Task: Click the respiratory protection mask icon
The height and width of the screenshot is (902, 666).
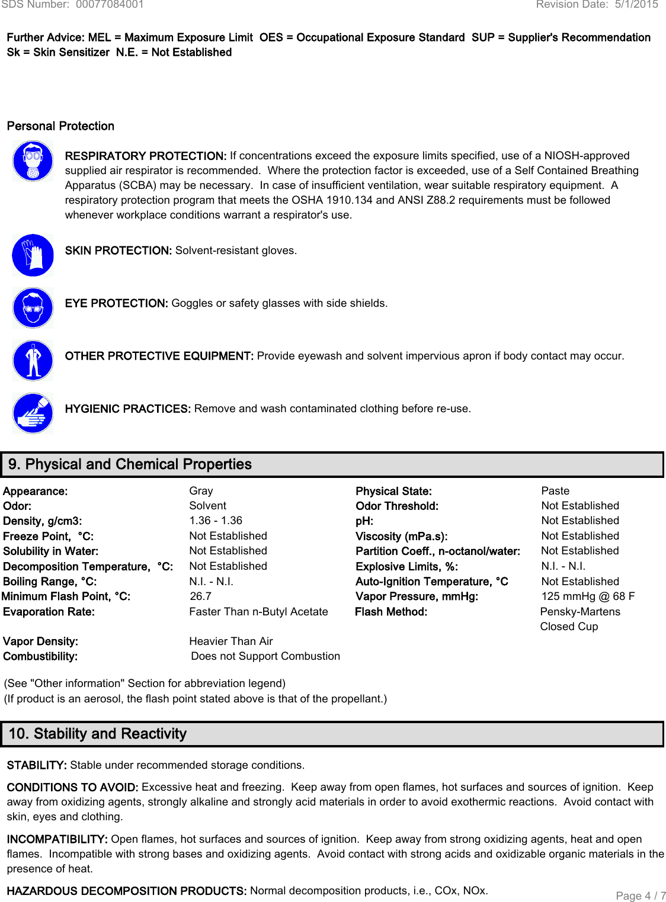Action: pyautogui.click(x=33, y=161)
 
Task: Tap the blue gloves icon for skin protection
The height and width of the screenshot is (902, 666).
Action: pyautogui.click(x=33, y=255)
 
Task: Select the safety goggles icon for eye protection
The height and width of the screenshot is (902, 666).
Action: pyautogui.click(x=33, y=308)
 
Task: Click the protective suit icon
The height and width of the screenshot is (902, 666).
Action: pyautogui.click(x=33, y=361)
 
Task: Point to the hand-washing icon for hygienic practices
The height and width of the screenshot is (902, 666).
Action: pyautogui.click(x=33, y=413)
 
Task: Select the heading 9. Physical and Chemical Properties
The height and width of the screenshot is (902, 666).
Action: pyautogui.click(x=130, y=464)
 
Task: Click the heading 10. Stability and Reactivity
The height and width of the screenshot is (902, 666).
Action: pyautogui.click(x=98, y=734)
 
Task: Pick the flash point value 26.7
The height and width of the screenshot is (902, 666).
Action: pyautogui.click(x=201, y=596)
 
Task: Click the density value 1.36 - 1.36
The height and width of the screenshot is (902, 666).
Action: pyautogui.click(x=216, y=521)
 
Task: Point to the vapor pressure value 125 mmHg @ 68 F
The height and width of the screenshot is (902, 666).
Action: pyautogui.click(x=588, y=596)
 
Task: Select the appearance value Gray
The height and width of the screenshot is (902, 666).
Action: pyautogui.click(x=201, y=491)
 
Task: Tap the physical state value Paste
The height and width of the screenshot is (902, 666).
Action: pyautogui.click(x=555, y=491)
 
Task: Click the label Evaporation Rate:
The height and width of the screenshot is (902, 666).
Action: pyautogui.click(x=49, y=612)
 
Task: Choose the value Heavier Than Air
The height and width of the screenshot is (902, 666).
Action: pyautogui.click(x=231, y=641)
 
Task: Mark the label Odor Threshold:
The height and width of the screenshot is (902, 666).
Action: pyautogui.click(x=397, y=506)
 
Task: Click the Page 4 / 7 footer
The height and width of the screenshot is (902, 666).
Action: pyautogui.click(x=641, y=895)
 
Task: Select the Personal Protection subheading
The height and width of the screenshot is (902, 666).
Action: pyautogui.click(x=60, y=126)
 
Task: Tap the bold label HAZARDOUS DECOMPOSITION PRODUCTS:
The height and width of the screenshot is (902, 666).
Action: pyautogui.click(x=127, y=891)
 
